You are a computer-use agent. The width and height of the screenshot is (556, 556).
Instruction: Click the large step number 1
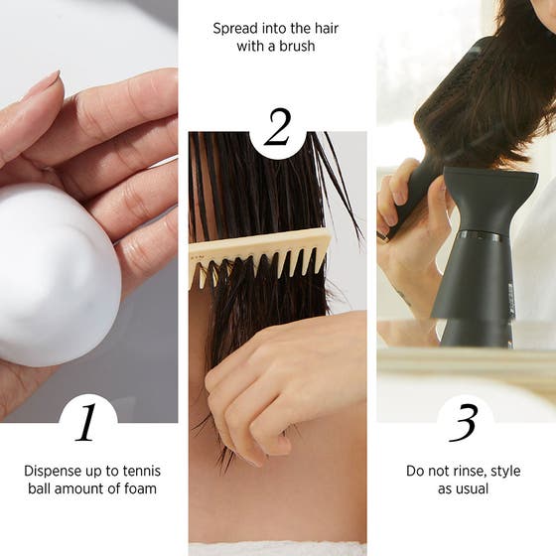tap(86, 423)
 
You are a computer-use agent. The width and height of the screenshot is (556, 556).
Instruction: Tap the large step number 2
tap(278, 127)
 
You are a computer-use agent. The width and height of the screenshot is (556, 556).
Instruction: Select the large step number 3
tap(463, 423)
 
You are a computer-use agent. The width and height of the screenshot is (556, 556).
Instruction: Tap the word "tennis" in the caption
tap(141, 472)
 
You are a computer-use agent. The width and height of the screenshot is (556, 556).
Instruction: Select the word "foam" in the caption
tap(140, 488)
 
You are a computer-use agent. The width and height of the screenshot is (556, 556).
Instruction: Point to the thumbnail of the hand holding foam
tap(88, 210)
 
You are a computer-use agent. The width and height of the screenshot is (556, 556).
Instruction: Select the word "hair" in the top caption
tap(325, 29)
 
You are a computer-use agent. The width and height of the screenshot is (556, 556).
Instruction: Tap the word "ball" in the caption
tap(39, 488)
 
